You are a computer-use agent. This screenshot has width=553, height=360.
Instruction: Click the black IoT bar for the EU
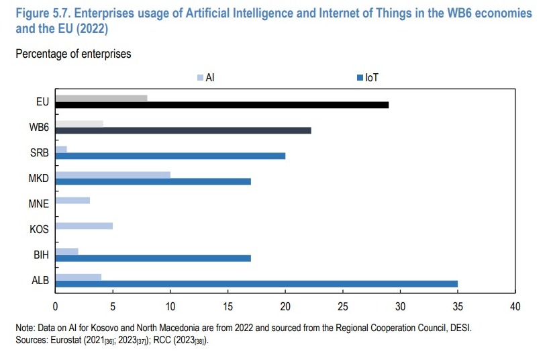coord(221,105)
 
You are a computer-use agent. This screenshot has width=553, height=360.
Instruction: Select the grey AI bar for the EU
coord(101,98)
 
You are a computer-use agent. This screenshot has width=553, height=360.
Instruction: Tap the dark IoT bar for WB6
coord(183,130)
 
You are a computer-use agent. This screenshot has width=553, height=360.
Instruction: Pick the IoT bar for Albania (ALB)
coord(256,283)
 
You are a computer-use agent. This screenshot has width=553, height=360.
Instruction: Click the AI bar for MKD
coord(112,175)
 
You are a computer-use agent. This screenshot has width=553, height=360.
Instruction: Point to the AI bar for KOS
coord(83,226)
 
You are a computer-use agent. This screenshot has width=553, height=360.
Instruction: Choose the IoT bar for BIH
coord(152,258)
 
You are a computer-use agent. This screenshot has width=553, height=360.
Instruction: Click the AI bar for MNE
coord(72,200)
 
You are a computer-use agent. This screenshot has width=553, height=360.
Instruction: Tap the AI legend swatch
coord(200,78)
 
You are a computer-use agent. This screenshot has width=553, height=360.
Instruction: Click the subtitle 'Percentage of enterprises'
coord(73,54)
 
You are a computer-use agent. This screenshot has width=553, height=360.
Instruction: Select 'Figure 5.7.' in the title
coord(39,13)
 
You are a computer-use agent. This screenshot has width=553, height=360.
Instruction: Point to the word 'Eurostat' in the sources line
coord(70,340)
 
